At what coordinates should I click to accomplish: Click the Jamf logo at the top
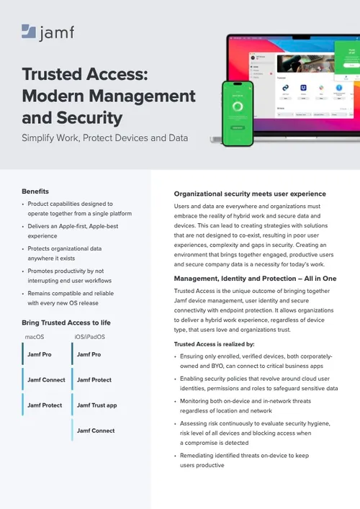[x=48, y=32]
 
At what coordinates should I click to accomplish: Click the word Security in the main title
[x=91, y=117]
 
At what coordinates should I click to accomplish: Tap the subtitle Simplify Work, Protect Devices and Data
[x=105, y=138]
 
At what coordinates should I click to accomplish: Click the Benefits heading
[x=35, y=191]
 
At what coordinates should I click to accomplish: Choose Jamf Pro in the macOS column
[x=40, y=354]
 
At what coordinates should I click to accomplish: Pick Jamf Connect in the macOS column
[x=46, y=379]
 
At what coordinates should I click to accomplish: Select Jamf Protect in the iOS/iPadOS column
[x=94, y=379]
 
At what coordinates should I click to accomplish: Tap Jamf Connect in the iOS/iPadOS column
[x=96, y=431]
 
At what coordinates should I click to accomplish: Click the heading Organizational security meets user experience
[x=250, y=194]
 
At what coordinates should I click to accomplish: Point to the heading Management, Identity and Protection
[x=253, y=278]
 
